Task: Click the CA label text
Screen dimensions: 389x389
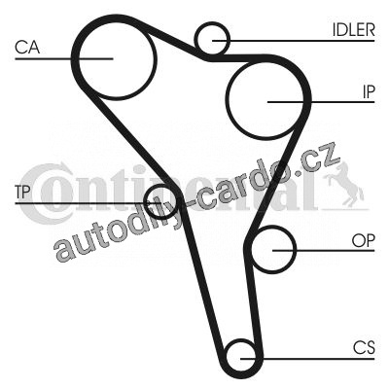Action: coord(27,47)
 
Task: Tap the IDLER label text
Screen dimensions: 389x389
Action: coord(354,30)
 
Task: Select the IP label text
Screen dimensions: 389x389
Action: coord(369,92)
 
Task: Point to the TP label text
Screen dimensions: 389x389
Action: coord(22,193)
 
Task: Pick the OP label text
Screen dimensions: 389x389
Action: coord(363,240)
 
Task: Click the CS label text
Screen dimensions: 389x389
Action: coord(364,348)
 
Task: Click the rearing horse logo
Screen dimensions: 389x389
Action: coord(343,185)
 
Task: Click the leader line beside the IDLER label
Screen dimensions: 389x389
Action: coord(294,41)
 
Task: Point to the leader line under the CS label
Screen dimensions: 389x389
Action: coord(307,359)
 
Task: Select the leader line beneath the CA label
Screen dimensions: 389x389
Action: coord(63,58)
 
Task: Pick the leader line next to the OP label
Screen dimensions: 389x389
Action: coord(324,251)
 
